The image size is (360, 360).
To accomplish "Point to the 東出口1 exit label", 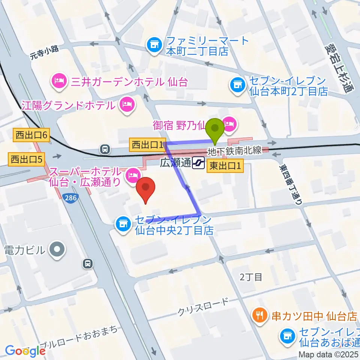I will [x=225, y=165].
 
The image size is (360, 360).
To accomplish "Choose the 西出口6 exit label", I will [x=31, y=135].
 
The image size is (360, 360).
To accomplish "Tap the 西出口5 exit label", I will [x=25, y=160].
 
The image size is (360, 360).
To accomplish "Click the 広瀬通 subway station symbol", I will [x=197, y=163].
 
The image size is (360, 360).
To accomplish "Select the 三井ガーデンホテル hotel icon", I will [x=59, y=80].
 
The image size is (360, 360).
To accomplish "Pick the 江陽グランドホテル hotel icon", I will [x=127, y=105].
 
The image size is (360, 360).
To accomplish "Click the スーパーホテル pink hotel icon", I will [x=132, y=174].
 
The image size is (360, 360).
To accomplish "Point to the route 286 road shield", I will [x=70, y=198].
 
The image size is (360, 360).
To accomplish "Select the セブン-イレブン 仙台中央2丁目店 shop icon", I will [x=122, y=225].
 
